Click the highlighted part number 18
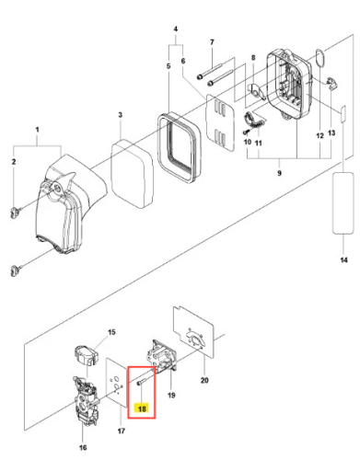[142, 408]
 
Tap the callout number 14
[343, 260]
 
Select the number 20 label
[204, 380]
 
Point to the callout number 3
[121, 115]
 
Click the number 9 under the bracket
[279, 173]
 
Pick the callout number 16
[83, 448]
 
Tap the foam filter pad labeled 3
[133, 172]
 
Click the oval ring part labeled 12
[320, 58]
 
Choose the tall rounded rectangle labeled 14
[343, 203]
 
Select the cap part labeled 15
[87, 355]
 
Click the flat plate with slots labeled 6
[220, 123]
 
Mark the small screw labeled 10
[246, 132]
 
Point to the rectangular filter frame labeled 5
[179, 147]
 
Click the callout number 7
[212, 42]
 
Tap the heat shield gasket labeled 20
[193, 332]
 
